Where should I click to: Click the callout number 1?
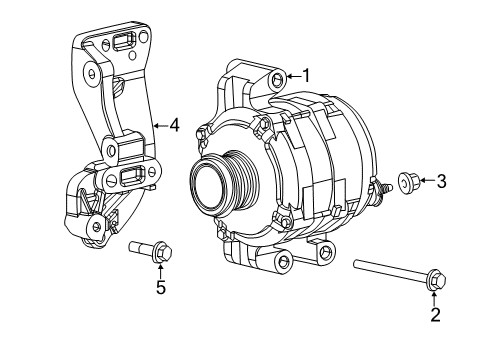[306, 75]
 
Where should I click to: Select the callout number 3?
[441, 181]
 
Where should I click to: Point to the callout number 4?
[174, 126]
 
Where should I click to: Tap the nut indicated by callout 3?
[408, 181]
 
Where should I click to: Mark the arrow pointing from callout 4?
[159, 126]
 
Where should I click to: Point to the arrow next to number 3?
[425, 181]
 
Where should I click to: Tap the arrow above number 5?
[159, 270]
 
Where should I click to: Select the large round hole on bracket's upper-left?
[91, 72]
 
